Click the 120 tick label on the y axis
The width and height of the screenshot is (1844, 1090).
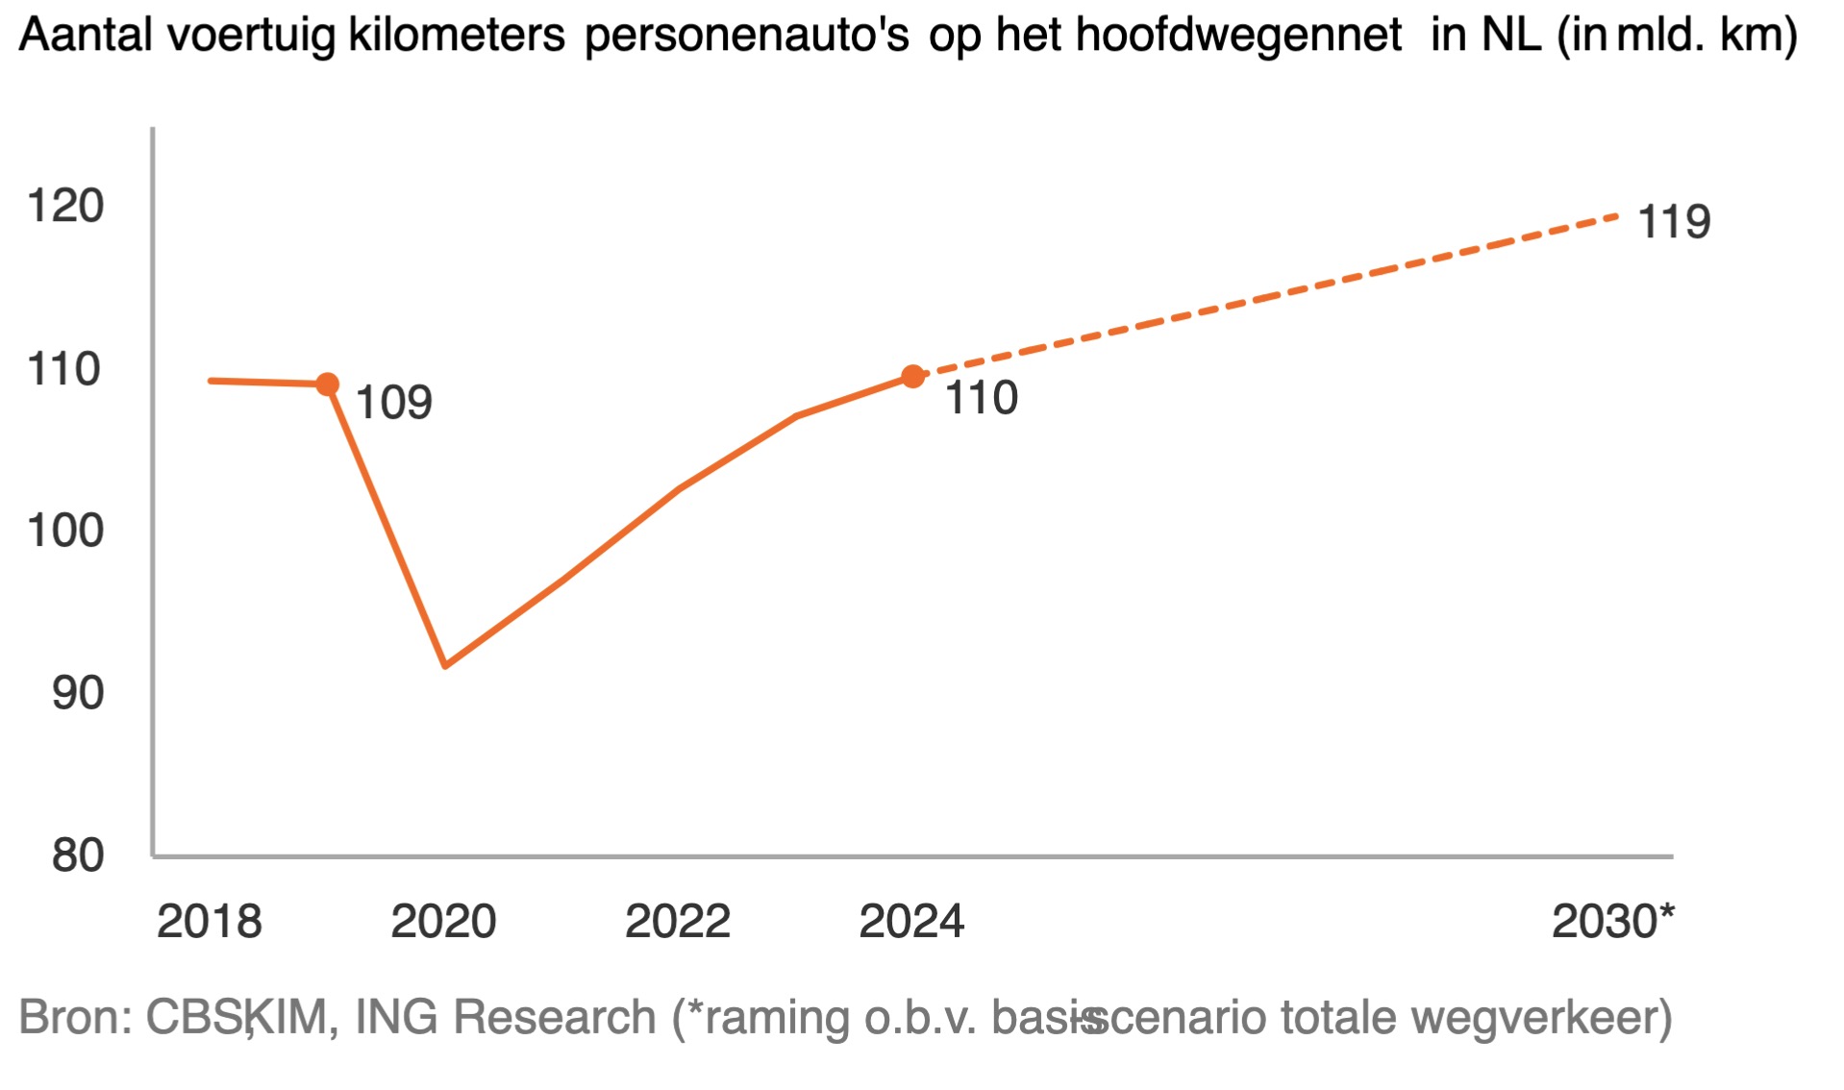(x=65, y=206)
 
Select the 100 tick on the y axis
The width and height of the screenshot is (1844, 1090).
(x=65, y=531)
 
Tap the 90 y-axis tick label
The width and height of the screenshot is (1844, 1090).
(x=78, y=693)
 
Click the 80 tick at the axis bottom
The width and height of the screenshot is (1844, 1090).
(x=78, y=855)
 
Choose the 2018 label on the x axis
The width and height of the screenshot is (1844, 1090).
(x=210, y=921)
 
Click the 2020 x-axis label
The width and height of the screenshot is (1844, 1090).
(x=443, y=921)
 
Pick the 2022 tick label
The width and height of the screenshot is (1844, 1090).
(x=678, y=921)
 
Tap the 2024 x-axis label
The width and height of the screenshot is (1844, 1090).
(x=911, y=921)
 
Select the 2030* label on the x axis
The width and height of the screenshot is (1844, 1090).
(x=1612, y=921)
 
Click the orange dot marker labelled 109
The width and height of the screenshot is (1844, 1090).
(x=328, y=384)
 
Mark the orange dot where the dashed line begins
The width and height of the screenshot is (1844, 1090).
(x=912, y=377)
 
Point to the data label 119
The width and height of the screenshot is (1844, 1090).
(x=1674, y=222)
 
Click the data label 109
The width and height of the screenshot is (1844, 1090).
(x=394, y=402)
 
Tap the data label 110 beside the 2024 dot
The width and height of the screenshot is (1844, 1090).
(x=981, y=398)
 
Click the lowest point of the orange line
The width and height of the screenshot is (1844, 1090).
(x=445, y=665)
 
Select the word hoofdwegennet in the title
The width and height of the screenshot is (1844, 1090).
(x=1238, y=36)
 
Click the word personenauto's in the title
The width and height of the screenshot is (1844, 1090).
(x=746, y=36)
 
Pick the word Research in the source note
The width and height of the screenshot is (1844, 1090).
(x=554, y=1017)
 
